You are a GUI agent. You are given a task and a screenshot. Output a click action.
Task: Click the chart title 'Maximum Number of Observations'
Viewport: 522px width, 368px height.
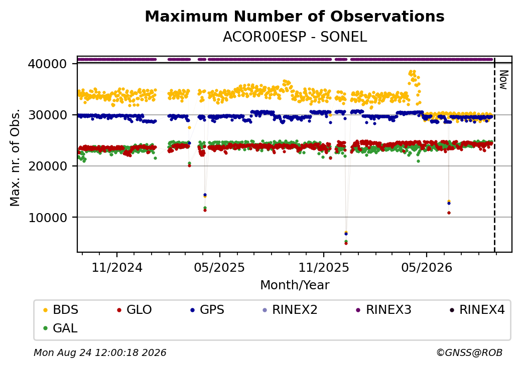[295, 16]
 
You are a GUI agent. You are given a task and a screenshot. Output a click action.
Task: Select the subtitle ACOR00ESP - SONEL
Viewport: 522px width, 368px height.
[295, 37]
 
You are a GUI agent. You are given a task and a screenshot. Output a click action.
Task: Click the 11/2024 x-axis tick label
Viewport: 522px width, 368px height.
[117, 268]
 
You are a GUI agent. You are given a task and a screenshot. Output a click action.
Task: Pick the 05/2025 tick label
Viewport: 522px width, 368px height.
[219, 268]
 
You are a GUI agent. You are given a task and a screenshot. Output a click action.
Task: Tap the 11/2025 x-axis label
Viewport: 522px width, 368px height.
[324, 268]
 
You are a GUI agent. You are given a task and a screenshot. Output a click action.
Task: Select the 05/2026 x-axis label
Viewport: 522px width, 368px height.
[427, 268]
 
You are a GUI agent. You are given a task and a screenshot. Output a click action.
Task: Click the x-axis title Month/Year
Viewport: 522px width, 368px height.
[295, 285]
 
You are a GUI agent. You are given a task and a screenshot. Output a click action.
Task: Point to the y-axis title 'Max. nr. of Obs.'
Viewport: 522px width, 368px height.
[15, 157]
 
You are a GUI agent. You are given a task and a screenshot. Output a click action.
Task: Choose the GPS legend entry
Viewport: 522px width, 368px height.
[207, 310]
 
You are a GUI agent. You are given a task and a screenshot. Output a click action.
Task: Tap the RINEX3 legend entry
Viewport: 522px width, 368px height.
[383, 310]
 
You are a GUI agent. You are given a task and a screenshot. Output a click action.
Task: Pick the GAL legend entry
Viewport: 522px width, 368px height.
[60, 328]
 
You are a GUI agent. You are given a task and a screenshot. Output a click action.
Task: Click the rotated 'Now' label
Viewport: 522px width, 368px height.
[503, 80]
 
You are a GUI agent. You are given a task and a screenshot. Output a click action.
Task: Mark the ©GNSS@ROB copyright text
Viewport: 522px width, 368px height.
[469, 352]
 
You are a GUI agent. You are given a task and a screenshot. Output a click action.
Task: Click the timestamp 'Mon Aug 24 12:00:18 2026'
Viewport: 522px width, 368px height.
[100, 352]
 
